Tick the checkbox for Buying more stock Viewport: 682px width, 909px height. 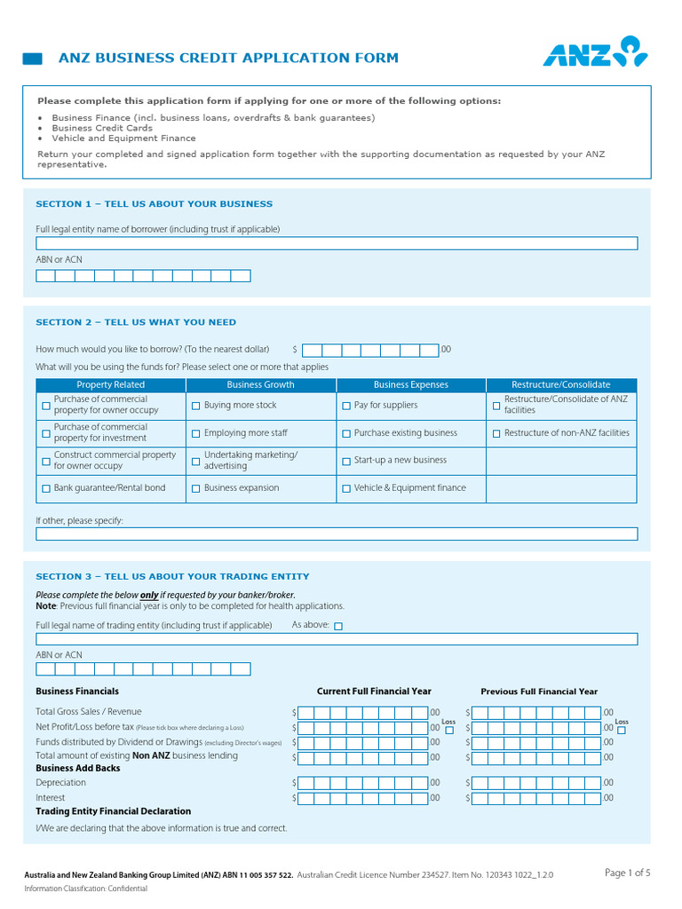196,406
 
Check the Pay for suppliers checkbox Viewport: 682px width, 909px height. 346,406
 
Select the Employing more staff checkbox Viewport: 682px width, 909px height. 196,434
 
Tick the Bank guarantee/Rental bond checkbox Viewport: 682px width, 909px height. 46,489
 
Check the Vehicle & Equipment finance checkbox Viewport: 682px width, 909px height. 346,489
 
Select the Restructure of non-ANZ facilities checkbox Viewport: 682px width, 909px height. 496,434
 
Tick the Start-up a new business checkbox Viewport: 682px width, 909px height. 346,462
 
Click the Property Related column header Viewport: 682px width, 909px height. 110,385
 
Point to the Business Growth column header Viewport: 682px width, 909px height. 260,385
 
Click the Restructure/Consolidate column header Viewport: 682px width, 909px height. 560,385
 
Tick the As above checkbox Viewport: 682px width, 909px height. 337,626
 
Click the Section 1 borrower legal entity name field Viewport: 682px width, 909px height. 337,243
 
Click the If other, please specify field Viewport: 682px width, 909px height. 337,534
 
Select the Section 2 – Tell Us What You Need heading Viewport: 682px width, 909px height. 136,322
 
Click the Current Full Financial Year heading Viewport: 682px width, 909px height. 374,692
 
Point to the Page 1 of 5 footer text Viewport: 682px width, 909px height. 627,873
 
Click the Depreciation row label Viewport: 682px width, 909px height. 61,783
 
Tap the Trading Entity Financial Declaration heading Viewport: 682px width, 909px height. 113,811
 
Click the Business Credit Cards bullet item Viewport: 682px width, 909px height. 102,128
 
